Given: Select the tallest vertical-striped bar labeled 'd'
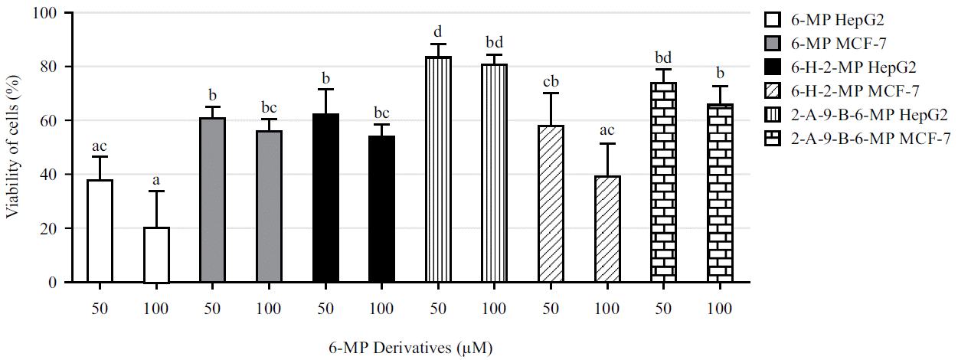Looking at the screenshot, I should pyautogui.click(x=438, y=169).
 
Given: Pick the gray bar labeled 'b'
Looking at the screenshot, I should pyautogui.click(x=213, y=200).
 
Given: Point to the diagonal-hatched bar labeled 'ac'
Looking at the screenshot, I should pyautogui.click(x=607, y=229).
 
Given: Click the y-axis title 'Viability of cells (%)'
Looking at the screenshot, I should pyautogui.click(x=13, y=148).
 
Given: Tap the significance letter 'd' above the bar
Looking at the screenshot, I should pyautogui.click(x=438, y=31).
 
